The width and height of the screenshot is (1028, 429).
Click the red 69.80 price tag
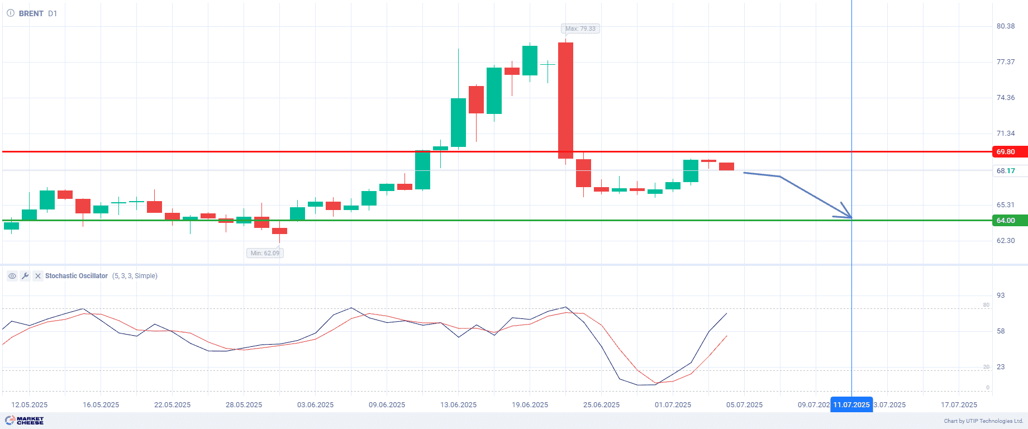pos(1010,152)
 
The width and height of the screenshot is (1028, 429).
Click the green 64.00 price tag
pos(1010,221)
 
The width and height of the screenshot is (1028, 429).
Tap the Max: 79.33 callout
pos(580,28)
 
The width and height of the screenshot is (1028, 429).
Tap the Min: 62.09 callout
pos(265,253)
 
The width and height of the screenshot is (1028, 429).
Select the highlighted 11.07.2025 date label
pos(851,405)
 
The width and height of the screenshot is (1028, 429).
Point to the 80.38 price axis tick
pos(1006,26)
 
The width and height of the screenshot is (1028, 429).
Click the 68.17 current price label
pos(1006,171)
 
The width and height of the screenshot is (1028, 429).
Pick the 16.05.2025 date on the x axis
pos(101,405)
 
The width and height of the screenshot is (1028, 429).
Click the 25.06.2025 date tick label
pos(601,405)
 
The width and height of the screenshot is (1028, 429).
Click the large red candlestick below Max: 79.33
pos(565,101)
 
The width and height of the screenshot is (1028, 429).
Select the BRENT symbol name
pos(31,13)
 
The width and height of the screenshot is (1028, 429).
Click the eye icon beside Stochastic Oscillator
pos(12,276)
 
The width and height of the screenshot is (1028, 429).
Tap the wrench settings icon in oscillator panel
pos(25,276)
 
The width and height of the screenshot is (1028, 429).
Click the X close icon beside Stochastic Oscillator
pos(37,276)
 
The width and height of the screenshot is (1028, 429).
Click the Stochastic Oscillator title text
pos(77,276)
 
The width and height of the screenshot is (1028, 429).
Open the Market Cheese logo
pos(25,421)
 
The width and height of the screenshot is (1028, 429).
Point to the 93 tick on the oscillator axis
pos(1001,295)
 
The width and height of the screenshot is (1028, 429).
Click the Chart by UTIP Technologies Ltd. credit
pos(983,421)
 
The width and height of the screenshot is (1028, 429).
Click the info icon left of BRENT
pos(11,13)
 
